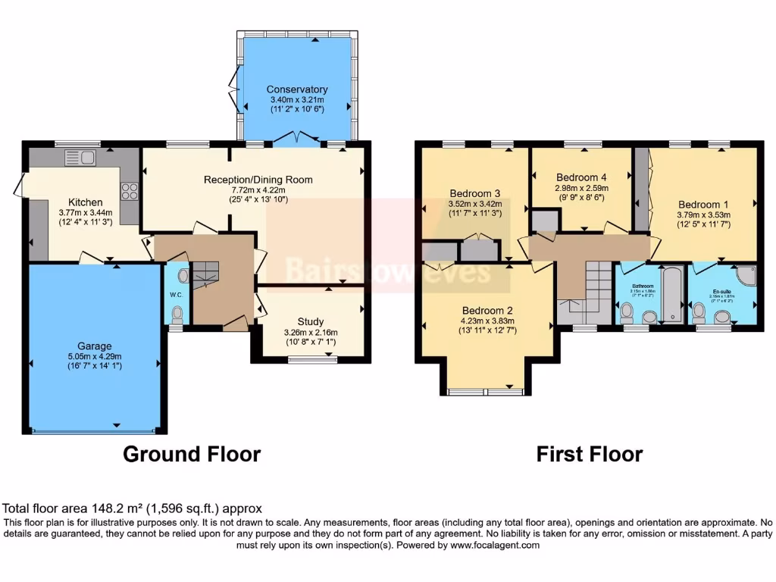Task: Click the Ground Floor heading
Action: point(192,454)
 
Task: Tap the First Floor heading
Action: point(589,454)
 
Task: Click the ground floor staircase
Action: point(205,274)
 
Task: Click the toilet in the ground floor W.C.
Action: point(177,312)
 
